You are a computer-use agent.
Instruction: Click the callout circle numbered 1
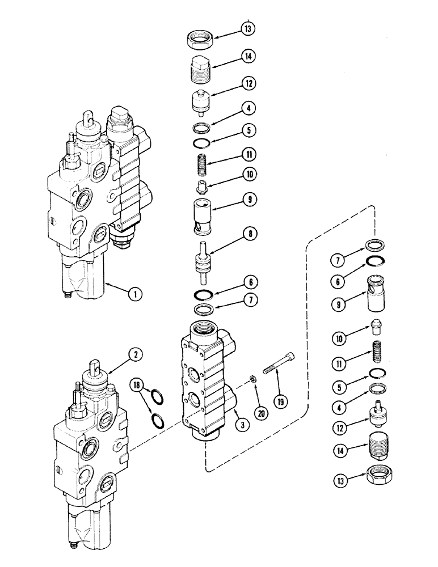(134, 294)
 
